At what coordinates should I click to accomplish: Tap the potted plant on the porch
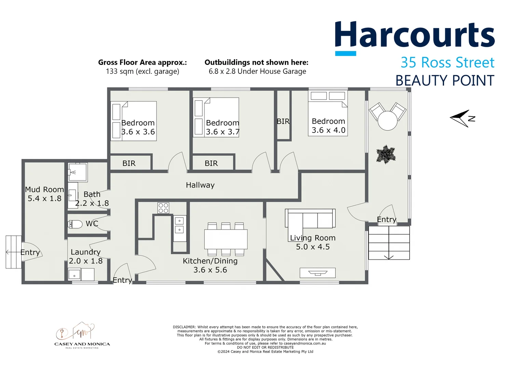[386, 154]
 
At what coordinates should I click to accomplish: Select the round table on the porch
[387, 121]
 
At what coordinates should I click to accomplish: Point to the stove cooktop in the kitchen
[163, 208]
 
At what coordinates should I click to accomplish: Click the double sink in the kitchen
[179, 225]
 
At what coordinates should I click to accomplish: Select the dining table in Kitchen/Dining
[226, 239]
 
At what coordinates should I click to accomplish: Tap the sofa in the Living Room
[310, 219]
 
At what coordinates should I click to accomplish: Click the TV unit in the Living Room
[318, 273]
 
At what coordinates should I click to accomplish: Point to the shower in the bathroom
[78, 172]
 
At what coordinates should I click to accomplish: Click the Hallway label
[200, 185]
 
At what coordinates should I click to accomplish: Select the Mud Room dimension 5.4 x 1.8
[44, 199]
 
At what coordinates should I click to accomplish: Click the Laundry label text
[85, 252]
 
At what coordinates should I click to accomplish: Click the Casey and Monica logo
[82, 335]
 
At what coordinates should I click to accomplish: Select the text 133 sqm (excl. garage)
[142, 71]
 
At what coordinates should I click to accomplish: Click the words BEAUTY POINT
[445, 81]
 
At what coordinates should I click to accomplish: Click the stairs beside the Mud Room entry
[14, 252]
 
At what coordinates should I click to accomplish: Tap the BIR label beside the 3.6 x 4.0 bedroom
[283, 121]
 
